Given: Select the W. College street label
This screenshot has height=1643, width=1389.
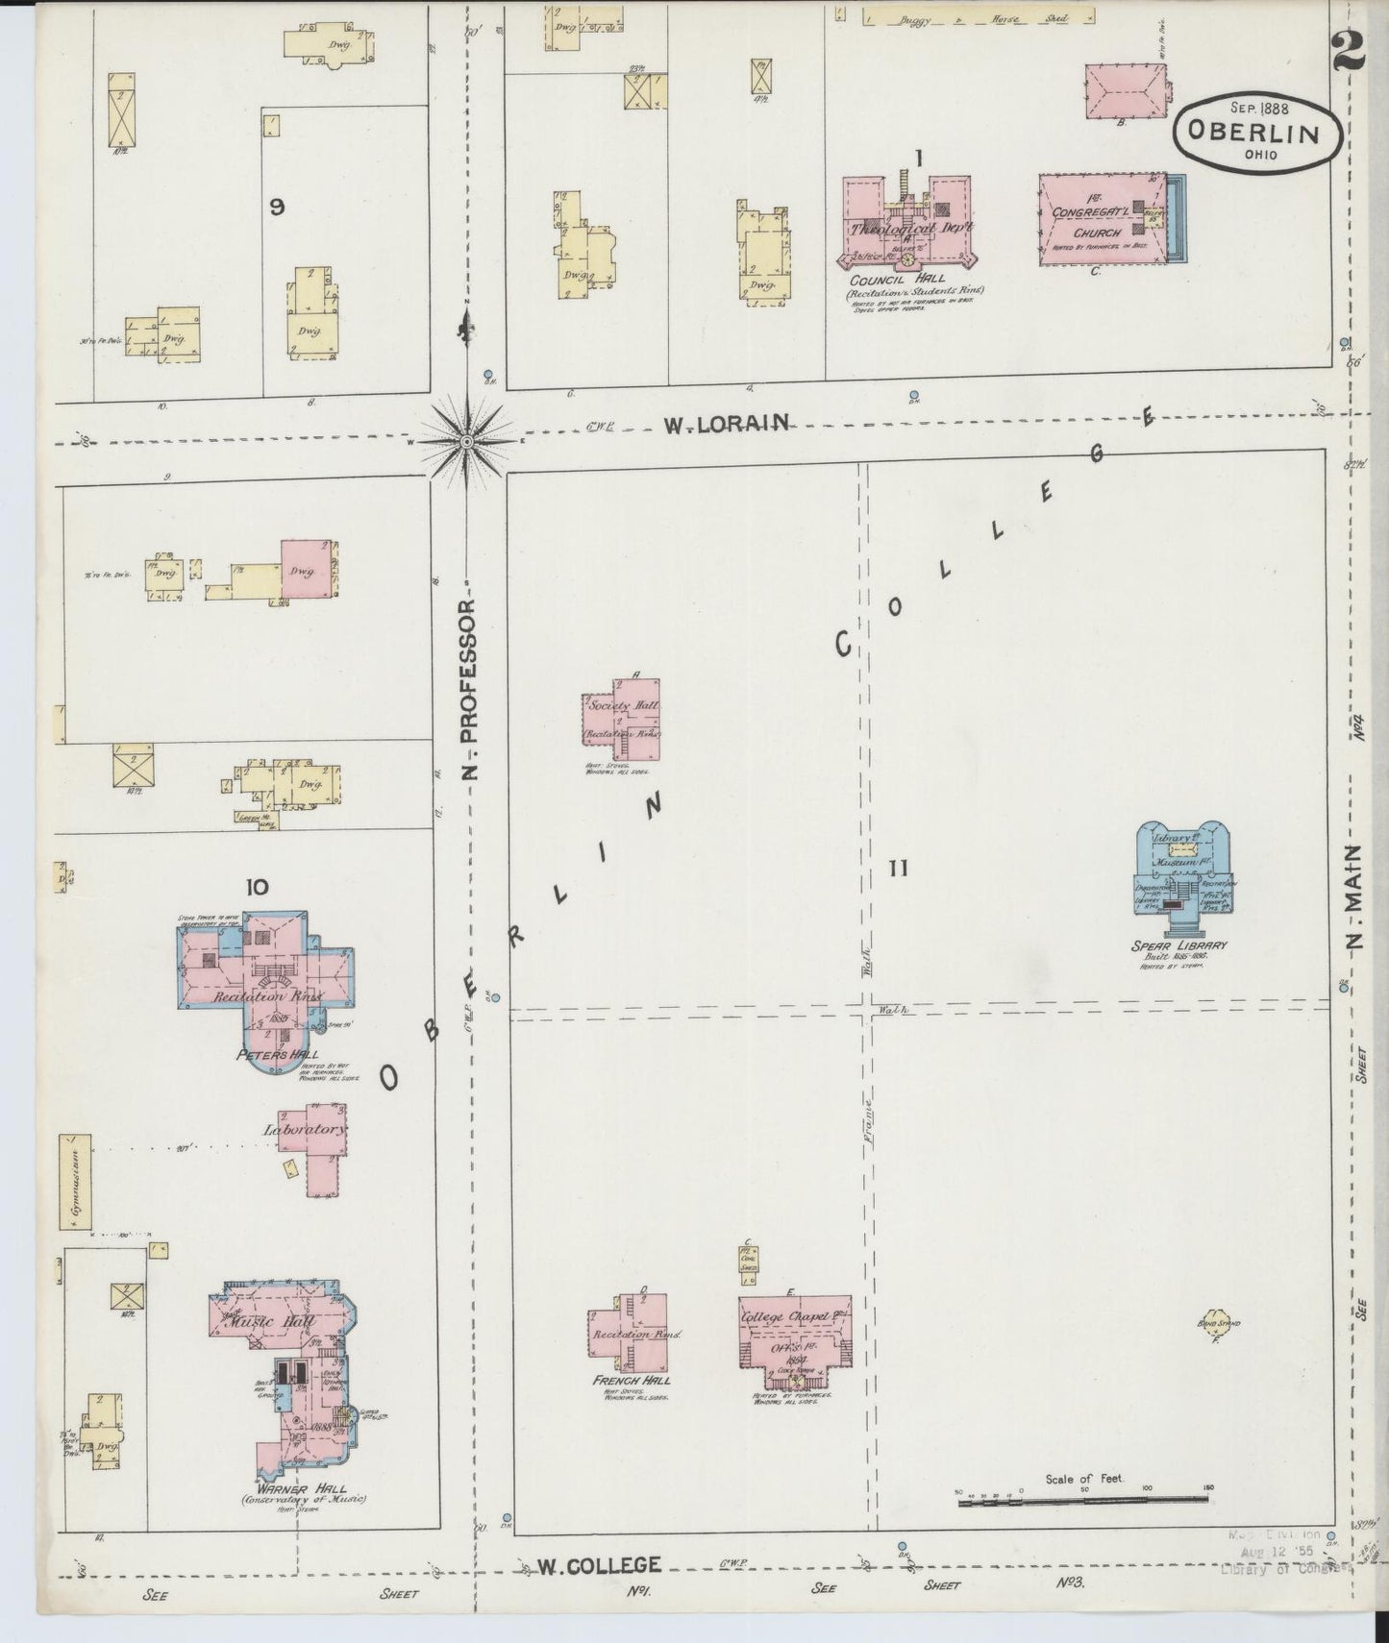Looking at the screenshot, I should [x=598, y=1565].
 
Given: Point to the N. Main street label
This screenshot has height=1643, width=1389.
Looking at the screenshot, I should [x=1356, y=898].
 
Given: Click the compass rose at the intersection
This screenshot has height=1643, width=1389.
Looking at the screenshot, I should [x=466, y=441].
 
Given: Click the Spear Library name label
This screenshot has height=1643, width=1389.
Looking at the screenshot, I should [x=1179, y=945].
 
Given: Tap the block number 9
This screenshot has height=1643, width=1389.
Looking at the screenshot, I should [x=277, y=206].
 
